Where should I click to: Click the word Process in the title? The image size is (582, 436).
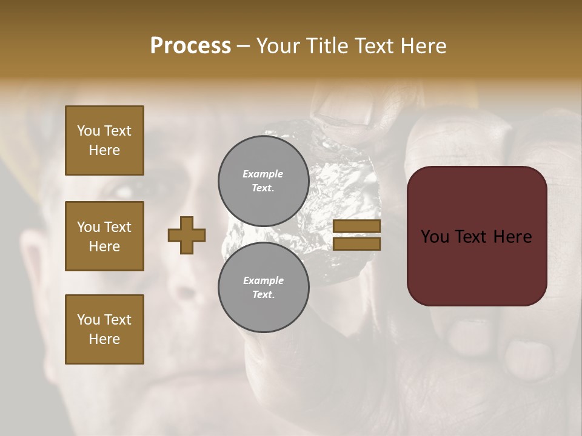190,45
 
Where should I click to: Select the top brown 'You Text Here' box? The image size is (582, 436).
104,140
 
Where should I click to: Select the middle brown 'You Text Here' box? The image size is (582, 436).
104,236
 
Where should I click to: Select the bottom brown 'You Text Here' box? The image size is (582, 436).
104,329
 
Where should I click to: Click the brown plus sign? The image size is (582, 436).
186,235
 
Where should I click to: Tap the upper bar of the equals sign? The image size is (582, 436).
357,226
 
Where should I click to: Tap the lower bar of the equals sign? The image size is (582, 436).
357,244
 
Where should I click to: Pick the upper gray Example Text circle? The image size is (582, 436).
263,180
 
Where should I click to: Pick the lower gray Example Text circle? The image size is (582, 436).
263,287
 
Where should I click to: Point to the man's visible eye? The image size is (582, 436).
124,191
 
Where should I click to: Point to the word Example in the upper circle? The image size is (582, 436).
263,174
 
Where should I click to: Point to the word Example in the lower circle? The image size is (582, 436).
263,280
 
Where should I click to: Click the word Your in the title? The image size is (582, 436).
278,45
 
